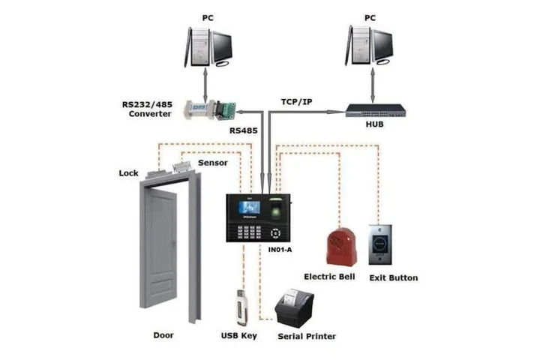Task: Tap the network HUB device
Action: tap(375, 111)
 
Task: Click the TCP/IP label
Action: tap(296, 100)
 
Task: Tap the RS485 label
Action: tap(244, 130)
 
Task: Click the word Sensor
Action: tap(212, 163)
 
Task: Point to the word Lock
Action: tap(129, 173)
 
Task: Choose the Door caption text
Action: tap(167, 335)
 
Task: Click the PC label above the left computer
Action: tap(208, 16)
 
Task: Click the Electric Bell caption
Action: tap(329, 277)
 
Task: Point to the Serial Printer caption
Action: tap(307, 336)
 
